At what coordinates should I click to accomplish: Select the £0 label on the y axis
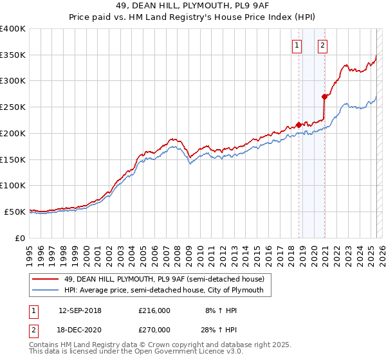pyautogui.click(x=21, y=238)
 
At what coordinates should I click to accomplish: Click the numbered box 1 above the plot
pyautogui.click(x=297, y=45)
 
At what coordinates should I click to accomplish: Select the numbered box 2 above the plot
pyautogui.click(x=322, y=45)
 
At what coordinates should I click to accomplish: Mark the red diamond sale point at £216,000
pyautogui.click(x=299, y=125)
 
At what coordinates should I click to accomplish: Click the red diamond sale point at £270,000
pyautogui.click(x=325, y=96)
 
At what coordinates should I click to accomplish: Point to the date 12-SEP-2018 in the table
pyautogui.click(x=80, y=310)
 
